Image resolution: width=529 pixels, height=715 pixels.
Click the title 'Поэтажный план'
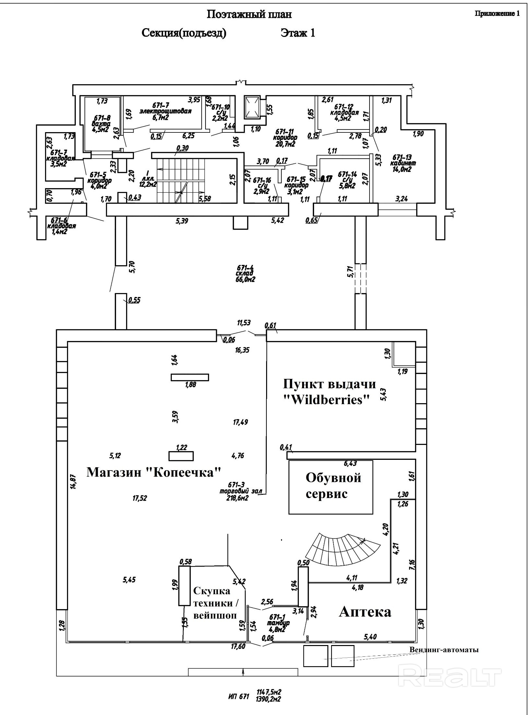pos(249,14)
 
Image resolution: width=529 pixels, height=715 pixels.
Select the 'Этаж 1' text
pos(298,33)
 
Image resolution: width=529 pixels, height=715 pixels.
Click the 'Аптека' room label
pos(365,612)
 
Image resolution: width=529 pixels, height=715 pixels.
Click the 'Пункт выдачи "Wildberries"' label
pos(329,392)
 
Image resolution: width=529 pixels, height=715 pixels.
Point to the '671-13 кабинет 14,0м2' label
pos(403,164)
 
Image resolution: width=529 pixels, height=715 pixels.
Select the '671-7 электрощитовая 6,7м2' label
pos(165,111)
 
